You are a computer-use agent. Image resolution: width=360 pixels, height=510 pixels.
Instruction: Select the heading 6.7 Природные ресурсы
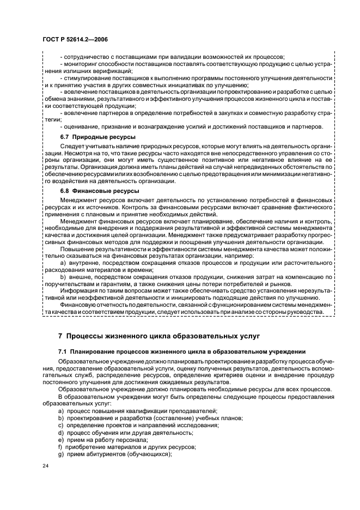coord(91,136)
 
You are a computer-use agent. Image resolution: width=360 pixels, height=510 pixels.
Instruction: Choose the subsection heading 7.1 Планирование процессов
coord(182,352)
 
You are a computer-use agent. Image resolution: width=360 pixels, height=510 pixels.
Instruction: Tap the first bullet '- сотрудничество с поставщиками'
coord(174,58)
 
